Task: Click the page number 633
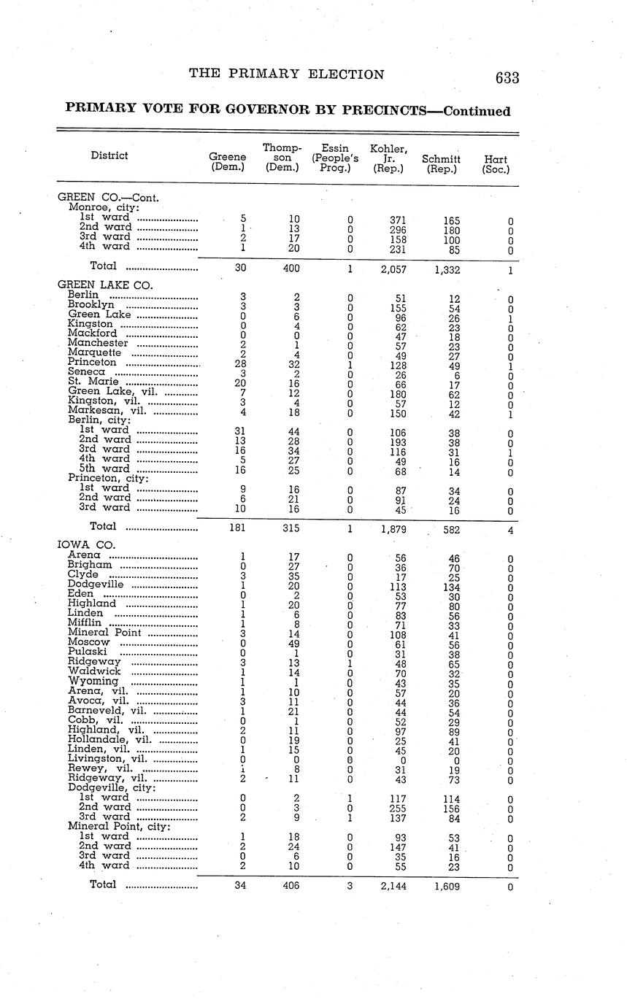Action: pos(506,78)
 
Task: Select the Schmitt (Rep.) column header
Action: pos(441,163)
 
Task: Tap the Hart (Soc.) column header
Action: pos(496,163)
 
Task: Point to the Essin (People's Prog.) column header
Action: pos(335,158)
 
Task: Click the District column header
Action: pos(109,155)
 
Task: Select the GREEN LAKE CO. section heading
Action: pos(105,285)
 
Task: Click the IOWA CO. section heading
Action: pos(86,545)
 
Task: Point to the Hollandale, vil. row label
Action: pos(109,738)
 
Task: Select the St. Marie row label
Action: pos(91,381)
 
